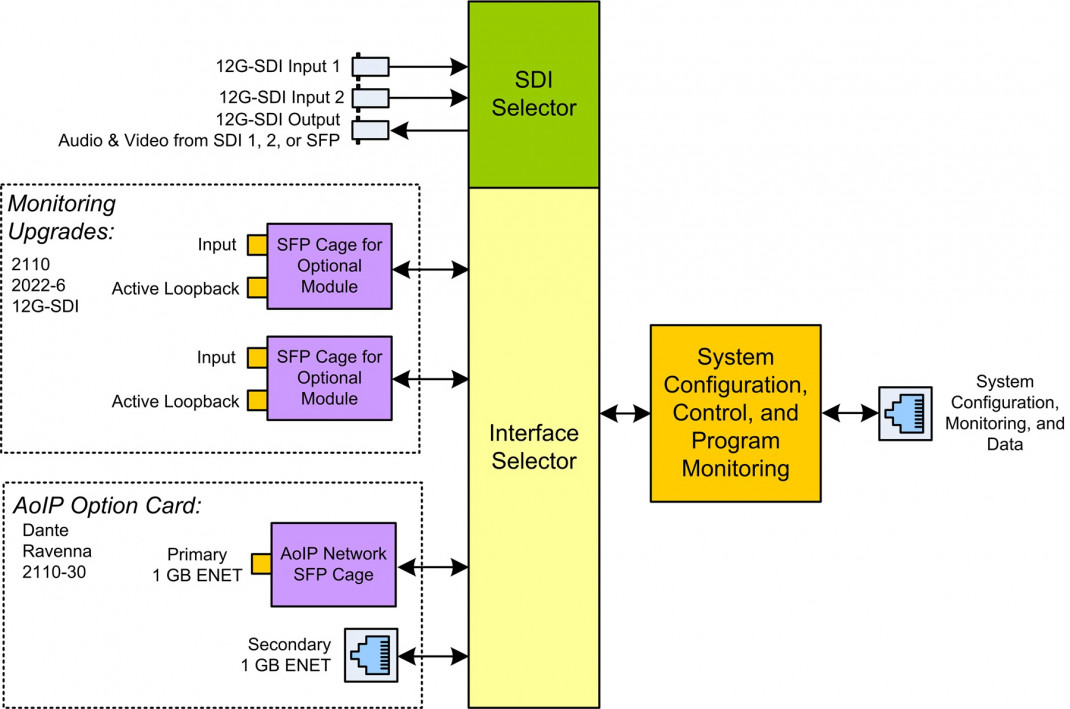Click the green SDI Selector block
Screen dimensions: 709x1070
[x=534, y=94]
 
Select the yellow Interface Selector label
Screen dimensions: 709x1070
[x=534, y=447]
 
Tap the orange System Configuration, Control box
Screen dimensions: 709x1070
[x=735, y=412]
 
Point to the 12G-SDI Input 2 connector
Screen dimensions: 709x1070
[x=371, y=98]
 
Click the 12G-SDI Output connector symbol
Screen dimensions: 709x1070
[x=371, y=130]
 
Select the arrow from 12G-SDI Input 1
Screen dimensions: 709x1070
[x=429, y=67]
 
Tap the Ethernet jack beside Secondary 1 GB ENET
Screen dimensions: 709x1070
[x=370, y=656]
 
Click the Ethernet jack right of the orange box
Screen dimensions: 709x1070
[x=904, y=412]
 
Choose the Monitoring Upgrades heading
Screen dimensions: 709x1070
[x=62, y=217]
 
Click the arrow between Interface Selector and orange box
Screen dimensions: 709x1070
[x=624, y=412]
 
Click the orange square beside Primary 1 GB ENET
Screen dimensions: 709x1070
[x=260, y=564]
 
